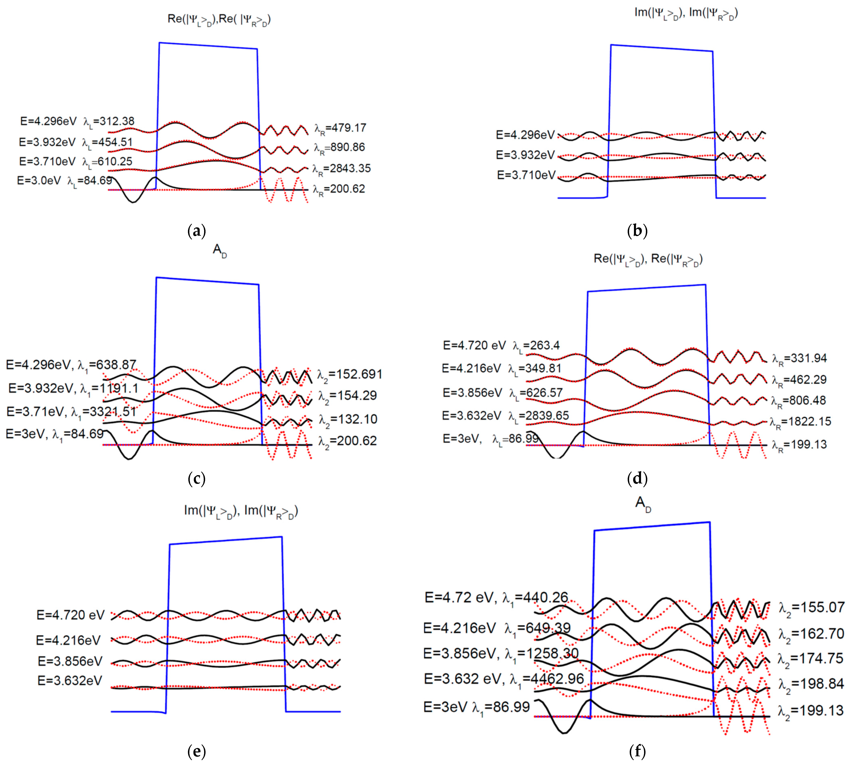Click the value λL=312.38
pos(109,122)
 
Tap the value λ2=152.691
pos(349,375)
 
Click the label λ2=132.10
pos(348,420)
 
